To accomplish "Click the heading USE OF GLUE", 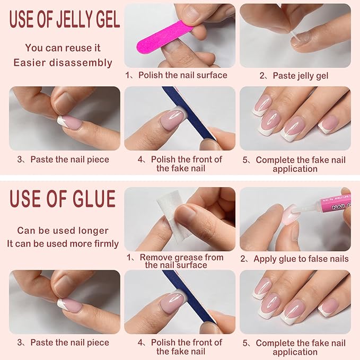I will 63,199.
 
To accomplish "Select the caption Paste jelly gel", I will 295,76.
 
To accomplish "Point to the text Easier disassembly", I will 63,63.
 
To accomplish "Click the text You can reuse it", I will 63,48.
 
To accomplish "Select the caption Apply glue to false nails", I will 295,259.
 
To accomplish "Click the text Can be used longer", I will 63,231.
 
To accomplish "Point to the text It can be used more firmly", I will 63,244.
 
